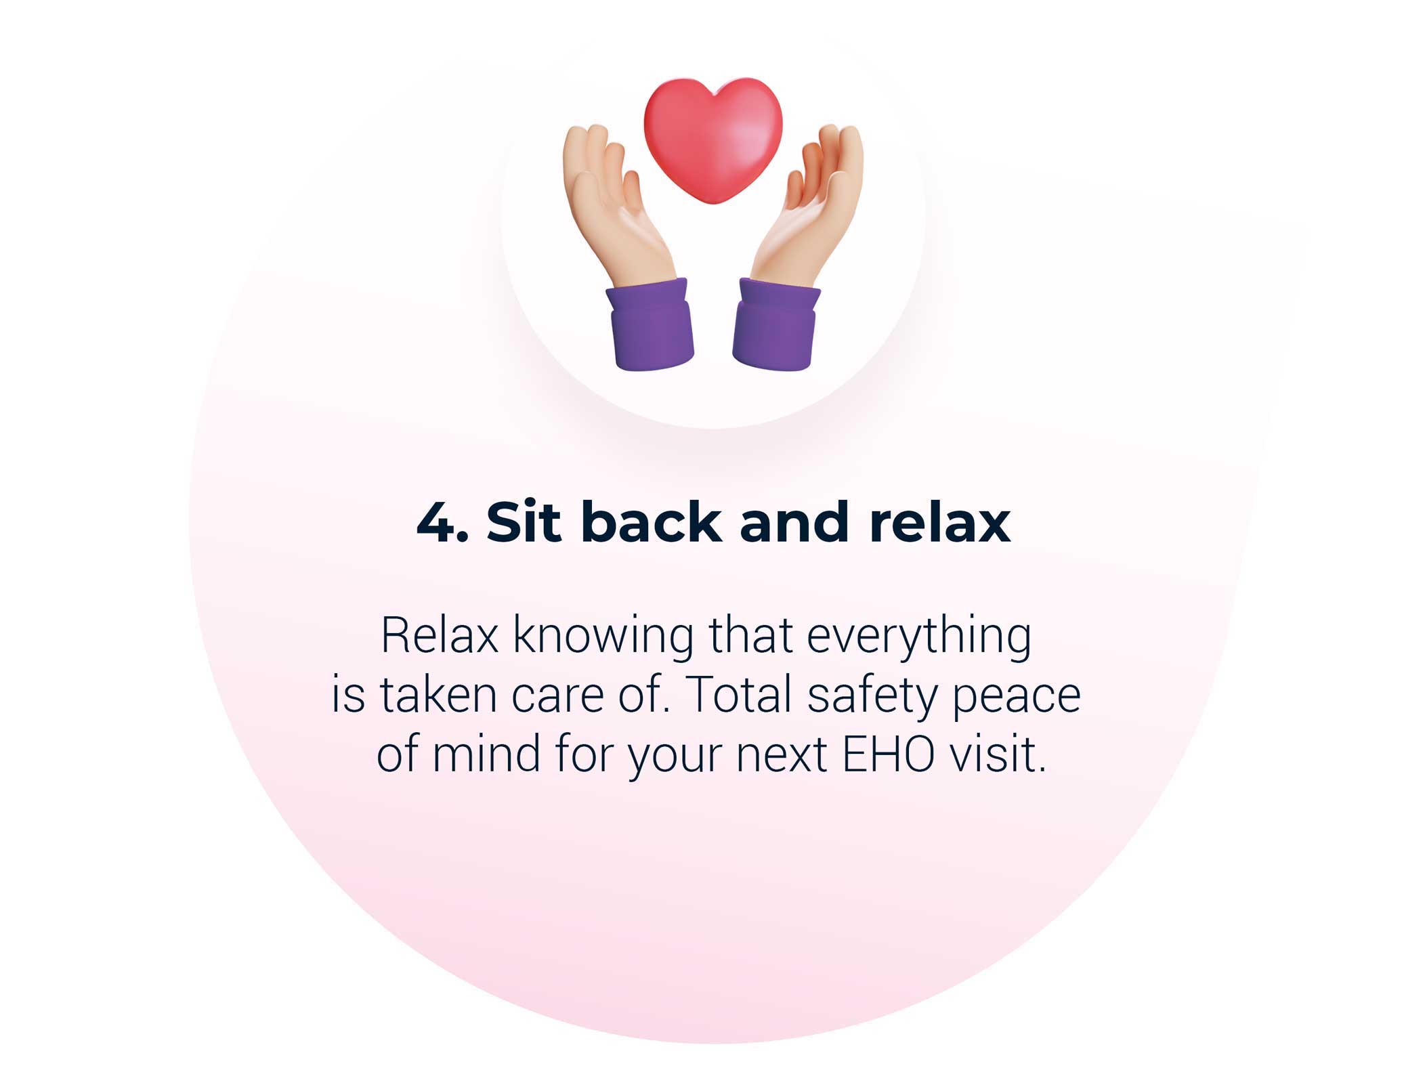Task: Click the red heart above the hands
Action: [x=712, y=139]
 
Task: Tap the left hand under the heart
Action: [x=616, y=203]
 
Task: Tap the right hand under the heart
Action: [x=809, y=203]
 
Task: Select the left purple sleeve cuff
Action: [x=650, y=325]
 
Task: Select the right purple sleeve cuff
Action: [x=776, y=325]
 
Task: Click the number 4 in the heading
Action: [x=435, y=523]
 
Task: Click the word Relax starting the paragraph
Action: [x=440, y=635]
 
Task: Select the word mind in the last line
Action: [x=486, y=753]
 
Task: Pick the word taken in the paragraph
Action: [x=438, y=694]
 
